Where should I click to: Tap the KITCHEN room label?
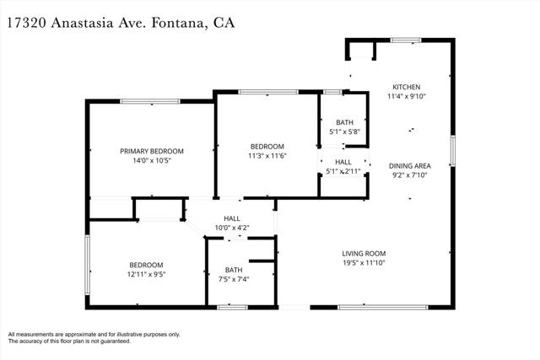click(x=407, y=87)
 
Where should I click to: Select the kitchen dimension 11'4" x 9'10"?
click(x=407, y=97)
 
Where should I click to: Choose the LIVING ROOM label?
click(x=364, y=254)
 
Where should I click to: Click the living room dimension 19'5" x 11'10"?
click(x=364, y=264)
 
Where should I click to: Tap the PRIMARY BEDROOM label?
click(x=152, y=151)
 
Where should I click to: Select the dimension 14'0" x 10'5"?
click(x=152, y=161)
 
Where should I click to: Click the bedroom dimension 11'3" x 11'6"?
click(x=266, y=156)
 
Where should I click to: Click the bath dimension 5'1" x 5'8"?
click(x=344, y=132)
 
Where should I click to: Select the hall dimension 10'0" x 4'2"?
click(x=232, y=228)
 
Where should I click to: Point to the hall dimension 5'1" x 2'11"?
click(x=344, y=171)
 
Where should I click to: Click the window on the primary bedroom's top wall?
click(x=149, y=102)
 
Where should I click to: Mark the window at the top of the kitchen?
click(x=406, y=40)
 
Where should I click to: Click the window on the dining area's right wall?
click(x=453, y=150)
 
